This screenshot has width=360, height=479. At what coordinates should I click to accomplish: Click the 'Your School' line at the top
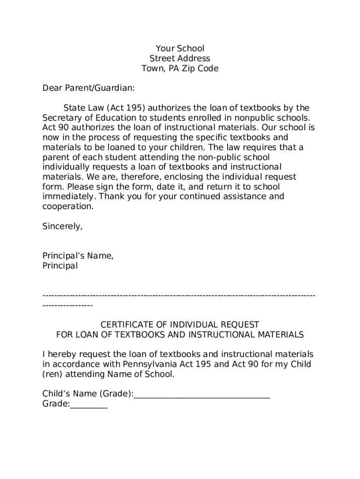click(x=180, y=49)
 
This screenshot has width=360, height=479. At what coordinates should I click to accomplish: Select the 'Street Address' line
click(x=180, y=58)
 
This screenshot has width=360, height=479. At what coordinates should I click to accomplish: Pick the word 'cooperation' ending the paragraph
click(x=67, y=206)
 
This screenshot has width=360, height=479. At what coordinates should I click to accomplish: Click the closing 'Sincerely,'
click(x=63, y=226)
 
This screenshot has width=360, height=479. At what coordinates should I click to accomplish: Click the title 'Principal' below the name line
click(x=60, y=266)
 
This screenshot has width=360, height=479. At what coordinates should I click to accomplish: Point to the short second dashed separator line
click(x=68, y=305)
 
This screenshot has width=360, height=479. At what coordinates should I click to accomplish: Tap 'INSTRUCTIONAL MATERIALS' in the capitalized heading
click(x=246, y=335)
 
